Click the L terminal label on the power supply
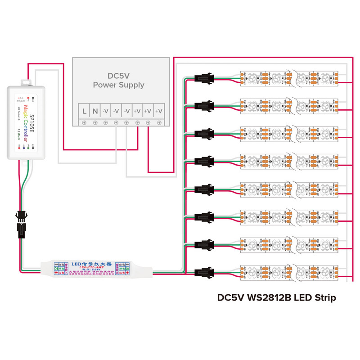coord(84,110)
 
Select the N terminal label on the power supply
coord(95,110)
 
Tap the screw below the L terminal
coord(84,123)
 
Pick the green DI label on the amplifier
coord(56,269)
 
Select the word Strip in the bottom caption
coord(323,298)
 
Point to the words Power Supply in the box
coord(118,85)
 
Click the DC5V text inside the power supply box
coord(118,76)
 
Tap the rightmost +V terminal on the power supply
coord(159,110)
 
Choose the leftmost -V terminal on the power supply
coord(106,110)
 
